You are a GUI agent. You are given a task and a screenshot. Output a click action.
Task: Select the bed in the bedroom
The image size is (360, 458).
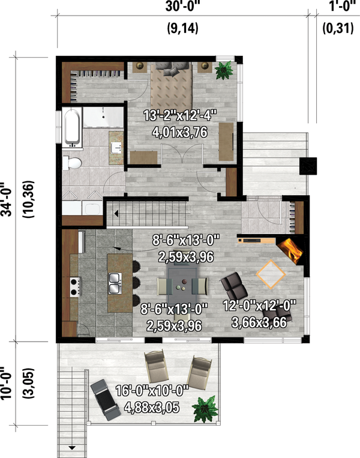(x=171, y=84)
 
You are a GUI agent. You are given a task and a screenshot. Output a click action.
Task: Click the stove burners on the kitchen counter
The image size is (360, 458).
(x=76, y=285)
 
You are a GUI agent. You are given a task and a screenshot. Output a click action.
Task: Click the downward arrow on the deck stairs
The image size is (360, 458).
(x=73, y=447)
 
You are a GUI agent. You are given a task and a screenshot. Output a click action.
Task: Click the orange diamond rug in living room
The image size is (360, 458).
(x=271, y=274)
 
